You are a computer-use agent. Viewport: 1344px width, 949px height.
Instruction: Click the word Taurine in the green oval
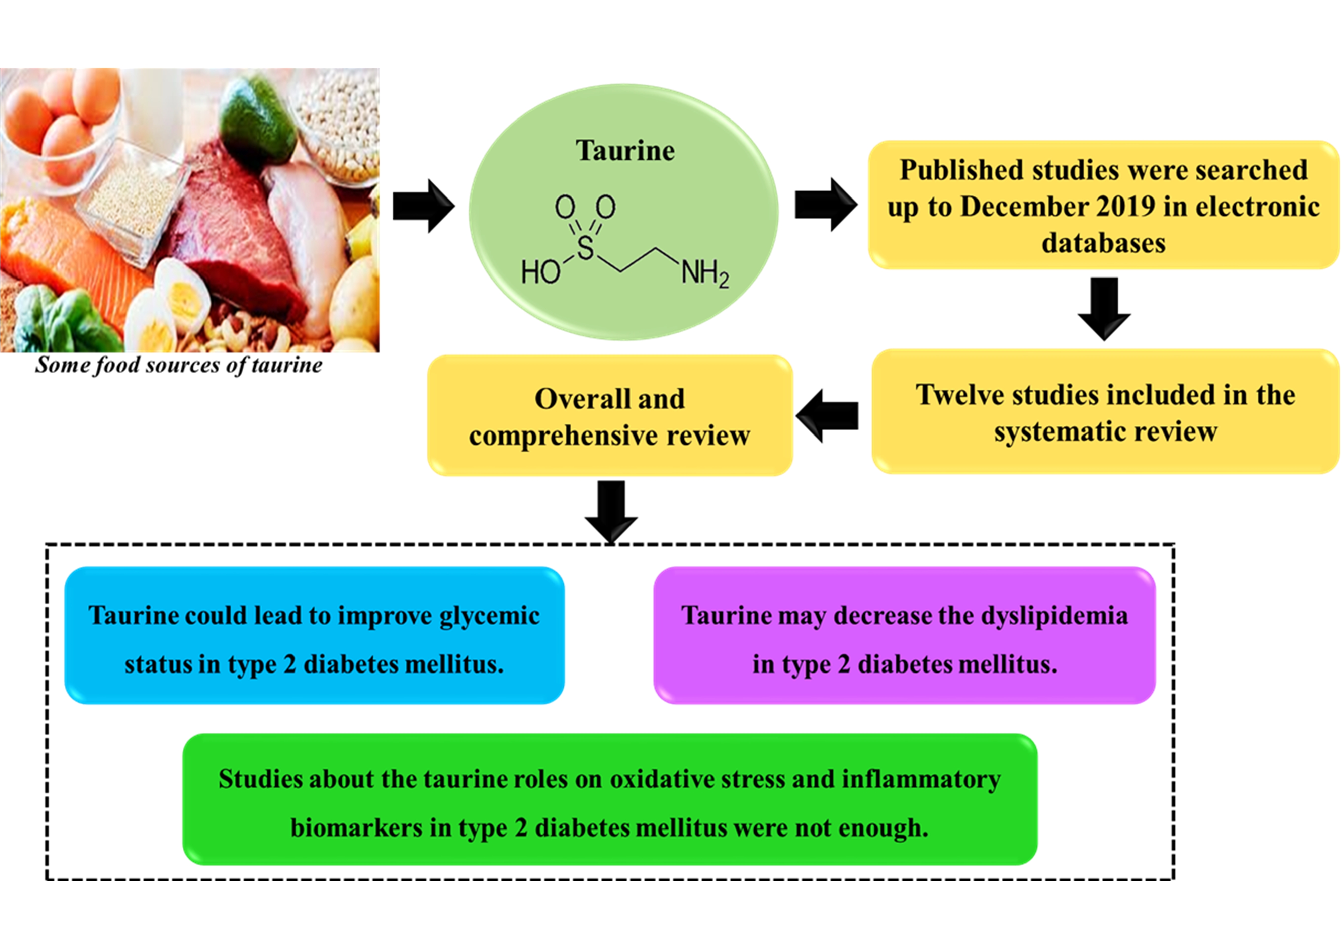625,151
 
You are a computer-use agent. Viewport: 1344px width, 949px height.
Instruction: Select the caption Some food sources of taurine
178,365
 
